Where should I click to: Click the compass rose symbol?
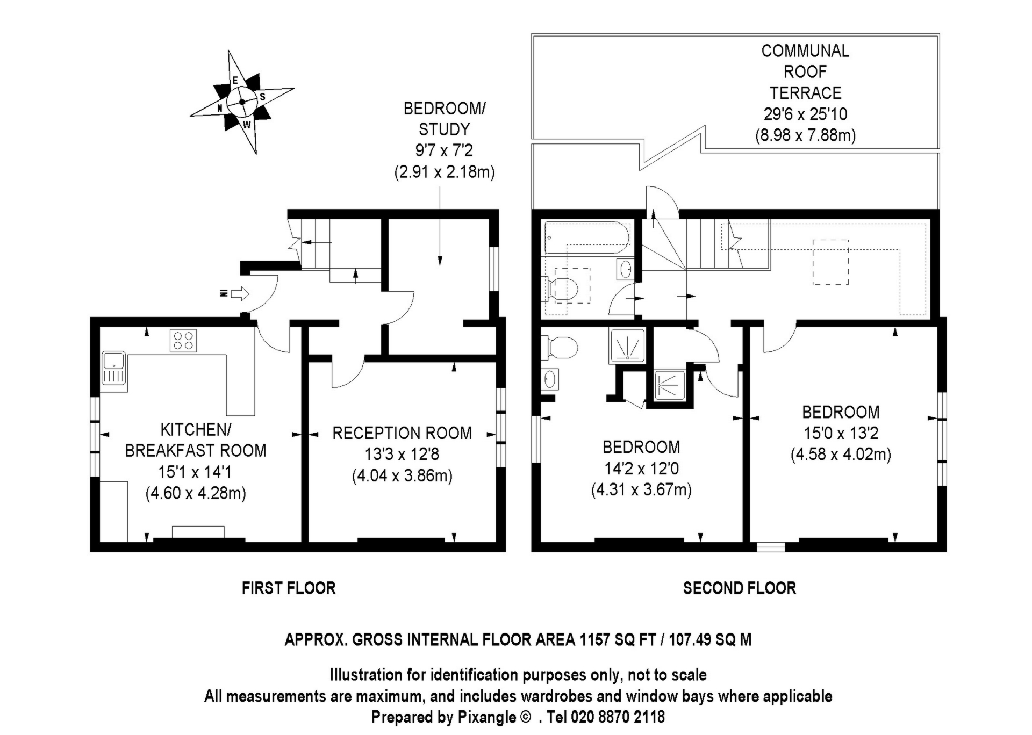242,102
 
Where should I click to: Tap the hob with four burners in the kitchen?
183,340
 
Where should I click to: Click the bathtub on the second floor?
587,237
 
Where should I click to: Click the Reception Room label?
402,433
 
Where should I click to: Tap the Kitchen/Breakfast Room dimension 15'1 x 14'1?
195,472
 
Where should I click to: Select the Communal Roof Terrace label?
805,71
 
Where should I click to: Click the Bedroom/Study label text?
445,119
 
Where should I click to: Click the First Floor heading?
289,588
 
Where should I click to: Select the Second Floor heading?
740,588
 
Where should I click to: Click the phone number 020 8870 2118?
618,717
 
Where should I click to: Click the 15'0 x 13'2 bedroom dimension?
841,433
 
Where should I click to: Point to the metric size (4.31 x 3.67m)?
641,489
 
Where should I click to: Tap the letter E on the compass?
235,81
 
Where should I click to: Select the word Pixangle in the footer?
487,717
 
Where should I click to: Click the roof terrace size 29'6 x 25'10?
805,114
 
